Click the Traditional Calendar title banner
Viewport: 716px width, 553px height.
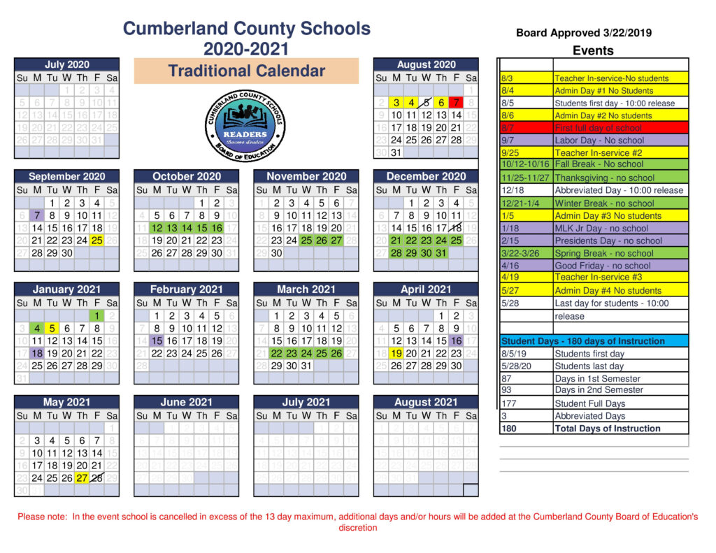click(x=246, y=71)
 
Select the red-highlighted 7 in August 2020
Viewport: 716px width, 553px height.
click(x=457, y=102)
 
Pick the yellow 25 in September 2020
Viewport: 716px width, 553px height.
click(x=96, y=240)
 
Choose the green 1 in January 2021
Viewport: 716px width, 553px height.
click(x=97, y=315)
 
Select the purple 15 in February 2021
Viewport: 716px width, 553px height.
click(x=157, y=340)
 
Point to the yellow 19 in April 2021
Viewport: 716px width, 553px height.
click(x=396, y=353)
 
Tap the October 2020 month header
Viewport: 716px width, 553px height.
click(x=187, y=177)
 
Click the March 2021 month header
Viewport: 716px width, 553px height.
click(x=306, y=289)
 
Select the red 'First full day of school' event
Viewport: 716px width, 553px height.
click(x=598, y=128)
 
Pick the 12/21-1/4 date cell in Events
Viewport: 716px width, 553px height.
click(x=524, y=203)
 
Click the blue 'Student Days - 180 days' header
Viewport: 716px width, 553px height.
click(x=583, y=341)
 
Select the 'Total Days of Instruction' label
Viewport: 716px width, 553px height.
click(x=607, y=429)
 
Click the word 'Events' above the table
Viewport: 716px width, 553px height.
click(x=593, y=50)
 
